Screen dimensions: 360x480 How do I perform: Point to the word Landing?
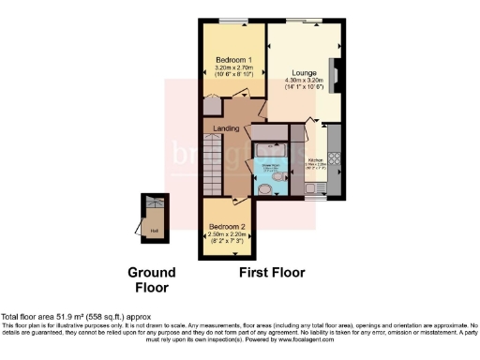pos(226,128)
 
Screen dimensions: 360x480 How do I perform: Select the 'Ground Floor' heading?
pos(152,278)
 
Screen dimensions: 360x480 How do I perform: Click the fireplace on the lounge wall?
pos(336,73)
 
